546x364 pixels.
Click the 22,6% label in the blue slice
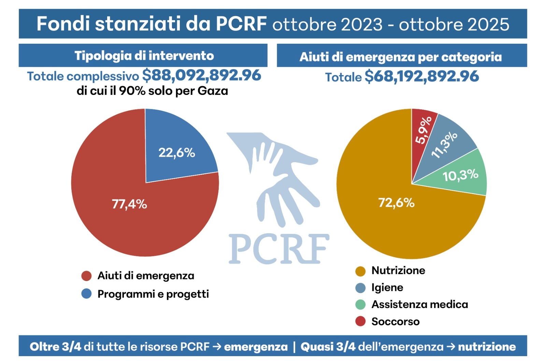point(176,153)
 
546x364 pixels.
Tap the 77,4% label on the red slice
point(129,204)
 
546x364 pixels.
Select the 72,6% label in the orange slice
point(396,203)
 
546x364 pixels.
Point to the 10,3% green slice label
point(460,176)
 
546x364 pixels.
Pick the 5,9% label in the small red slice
point(423,130)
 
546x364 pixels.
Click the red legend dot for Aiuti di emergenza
point(86,276)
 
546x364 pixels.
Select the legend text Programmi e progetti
point(153,294)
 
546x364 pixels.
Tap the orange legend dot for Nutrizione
point(360,271)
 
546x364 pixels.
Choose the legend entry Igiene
point(387,288)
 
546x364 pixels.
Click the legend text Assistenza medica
point(419,304)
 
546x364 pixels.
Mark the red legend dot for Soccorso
point(360,321)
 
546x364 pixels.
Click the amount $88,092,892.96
point(202,75)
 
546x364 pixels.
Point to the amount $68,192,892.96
point(422,76)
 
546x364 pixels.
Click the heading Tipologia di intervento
point(144,56)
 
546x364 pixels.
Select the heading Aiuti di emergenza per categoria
point(401,57)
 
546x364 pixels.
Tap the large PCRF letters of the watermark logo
point(279,249)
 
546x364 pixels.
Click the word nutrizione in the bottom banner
point(487,347)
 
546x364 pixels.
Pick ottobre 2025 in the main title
point(454,25)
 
